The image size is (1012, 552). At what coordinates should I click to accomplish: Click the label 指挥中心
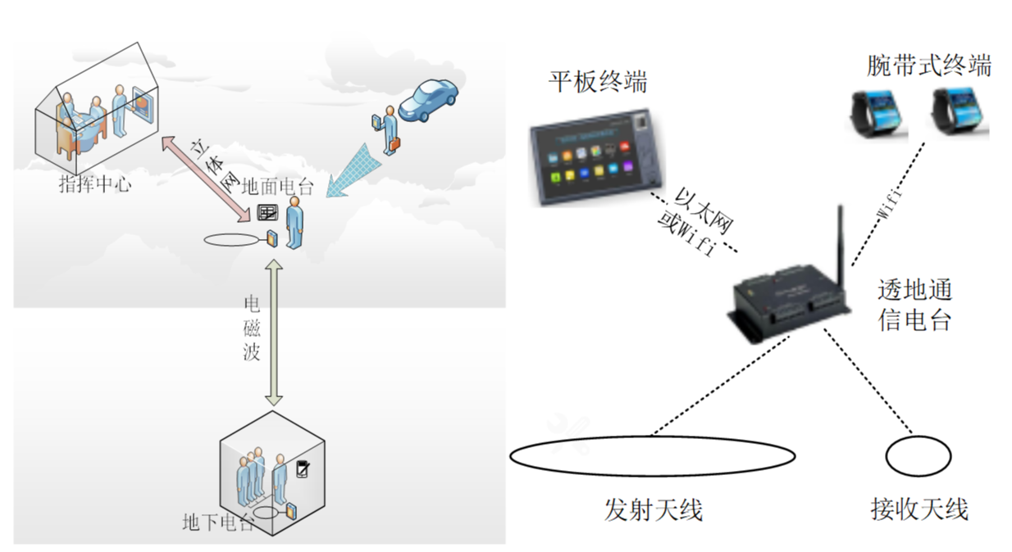[x=95, y=184]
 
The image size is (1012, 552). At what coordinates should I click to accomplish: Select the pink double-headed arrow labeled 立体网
[x=206, y=179]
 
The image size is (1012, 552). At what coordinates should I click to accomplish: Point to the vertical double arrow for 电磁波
[x=274, y=331]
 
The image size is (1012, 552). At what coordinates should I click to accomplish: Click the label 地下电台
[x=217, y=522]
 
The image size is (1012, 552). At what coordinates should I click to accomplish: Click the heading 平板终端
[x=598, y=82]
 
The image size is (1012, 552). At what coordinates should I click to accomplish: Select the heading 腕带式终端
[x=928, y=66]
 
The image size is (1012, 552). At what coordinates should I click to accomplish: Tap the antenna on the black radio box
[x=840, y=238]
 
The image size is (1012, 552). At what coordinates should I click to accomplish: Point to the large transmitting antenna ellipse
[x=652, y=455]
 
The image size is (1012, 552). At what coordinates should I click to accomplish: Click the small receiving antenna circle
[x=919, y=455]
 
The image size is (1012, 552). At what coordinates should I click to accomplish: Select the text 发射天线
[x=654, y=509]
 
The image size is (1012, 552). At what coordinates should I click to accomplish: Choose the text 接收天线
[x=919, y=509]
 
